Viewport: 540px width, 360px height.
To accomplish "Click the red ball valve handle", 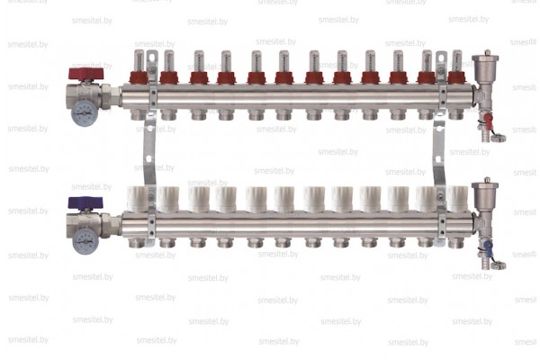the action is pos(85,74).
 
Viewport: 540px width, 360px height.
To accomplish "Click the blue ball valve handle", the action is pos(85,202).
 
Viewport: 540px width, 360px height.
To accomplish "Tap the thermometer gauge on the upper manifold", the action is pos(85,113).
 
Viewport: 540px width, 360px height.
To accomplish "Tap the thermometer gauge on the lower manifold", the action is pos(85,241).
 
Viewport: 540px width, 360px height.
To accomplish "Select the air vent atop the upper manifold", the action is pos(485,61).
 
